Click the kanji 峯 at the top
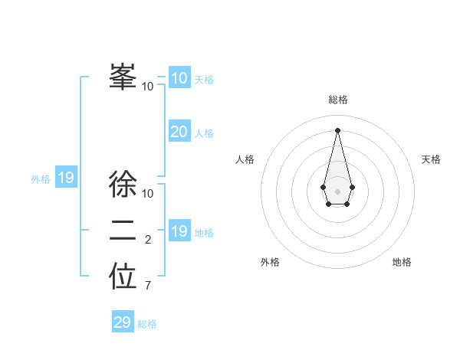(123, 77)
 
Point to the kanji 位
(123, 277)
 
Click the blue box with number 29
(123, 322)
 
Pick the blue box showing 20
(179, 132)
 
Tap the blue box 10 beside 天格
(179, 78)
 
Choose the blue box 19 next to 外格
(65, 178)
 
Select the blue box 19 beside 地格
(179, 231)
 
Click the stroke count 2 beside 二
(148, 240)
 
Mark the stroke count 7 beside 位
(148, 286)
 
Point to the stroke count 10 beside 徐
(148, 194)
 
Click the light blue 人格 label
(204, 133)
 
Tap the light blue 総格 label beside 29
(147, 324)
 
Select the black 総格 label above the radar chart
(338, 100)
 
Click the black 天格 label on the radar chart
(431, 159)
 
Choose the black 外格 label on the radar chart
(270, 262)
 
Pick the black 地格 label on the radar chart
(402, 262)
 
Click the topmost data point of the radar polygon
(338, 131)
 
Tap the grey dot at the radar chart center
(338, 191)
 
